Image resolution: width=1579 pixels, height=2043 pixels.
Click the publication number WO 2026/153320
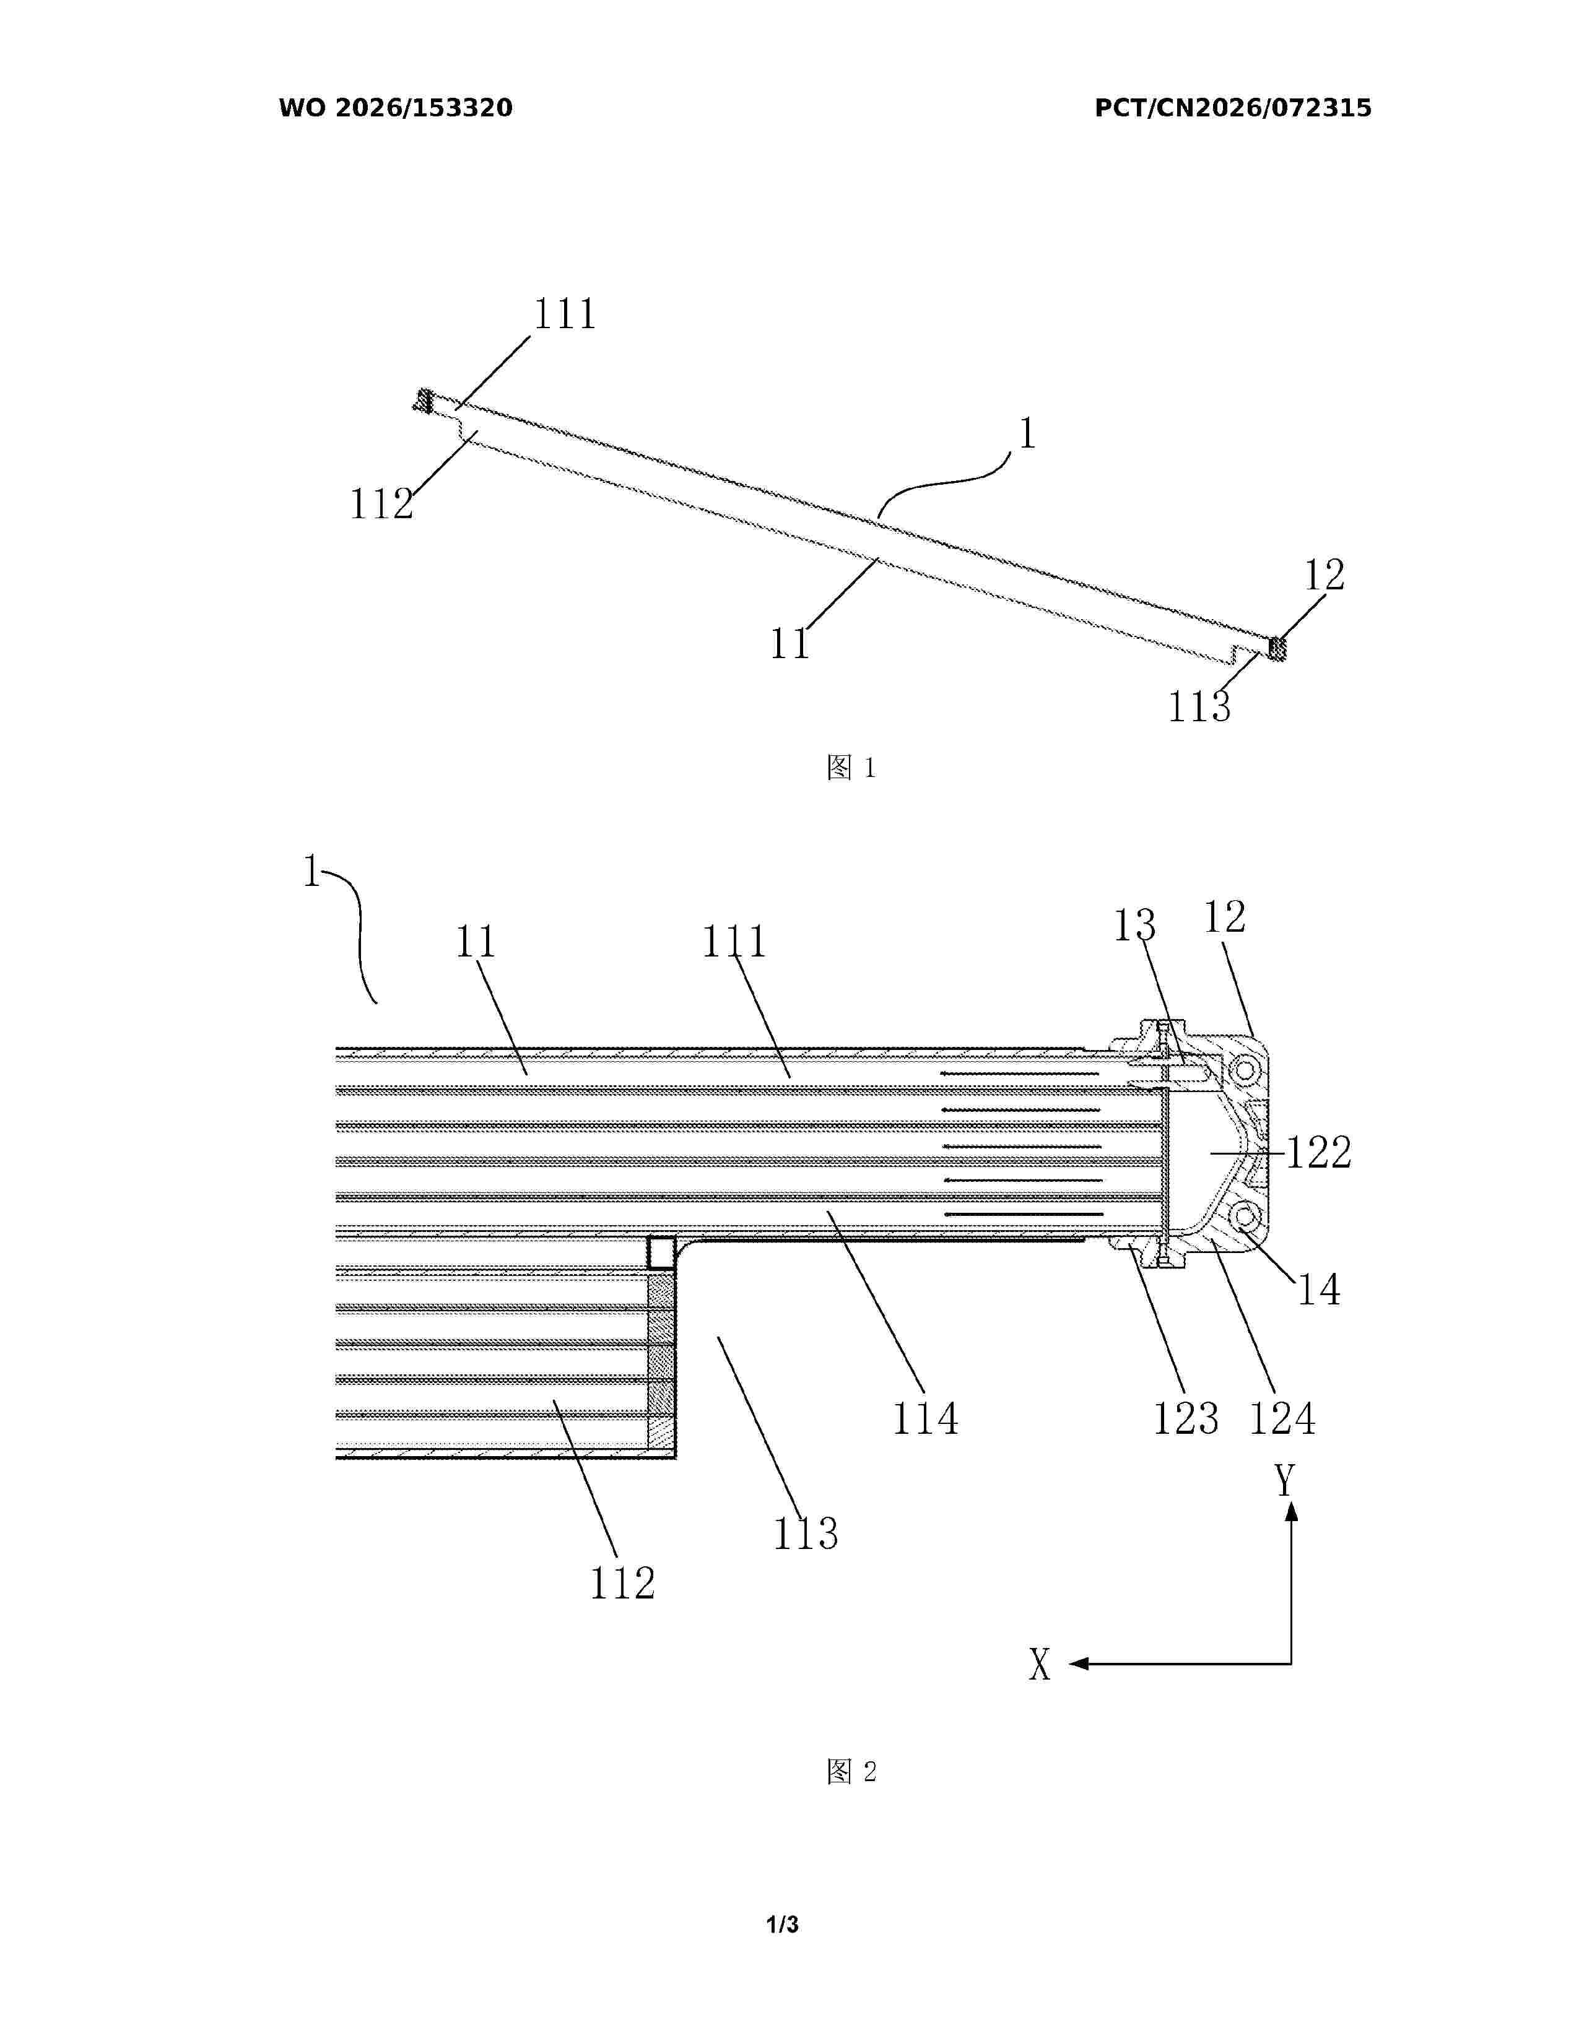(x=396, y=108)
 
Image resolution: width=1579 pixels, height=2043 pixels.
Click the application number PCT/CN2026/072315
(x=1233, y=108)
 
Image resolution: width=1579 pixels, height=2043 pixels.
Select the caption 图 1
(x=851, y=768)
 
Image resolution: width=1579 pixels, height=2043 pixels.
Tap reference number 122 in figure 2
(x=1319, y=1153)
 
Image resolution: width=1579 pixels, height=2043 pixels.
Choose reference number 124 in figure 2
(x=1282, y=1418)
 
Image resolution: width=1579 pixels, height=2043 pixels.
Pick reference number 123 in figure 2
(x=1185, y=1418)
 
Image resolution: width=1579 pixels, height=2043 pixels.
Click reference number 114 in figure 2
(x=925, y=1418)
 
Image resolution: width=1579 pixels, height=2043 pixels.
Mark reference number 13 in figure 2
(x=1134, y=925)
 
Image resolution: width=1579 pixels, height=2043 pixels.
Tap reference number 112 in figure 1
(x=381, y=504)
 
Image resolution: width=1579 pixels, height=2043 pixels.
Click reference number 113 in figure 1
(x=1199, y=707)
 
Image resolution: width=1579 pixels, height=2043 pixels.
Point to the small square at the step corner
(x=661, y=1252)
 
